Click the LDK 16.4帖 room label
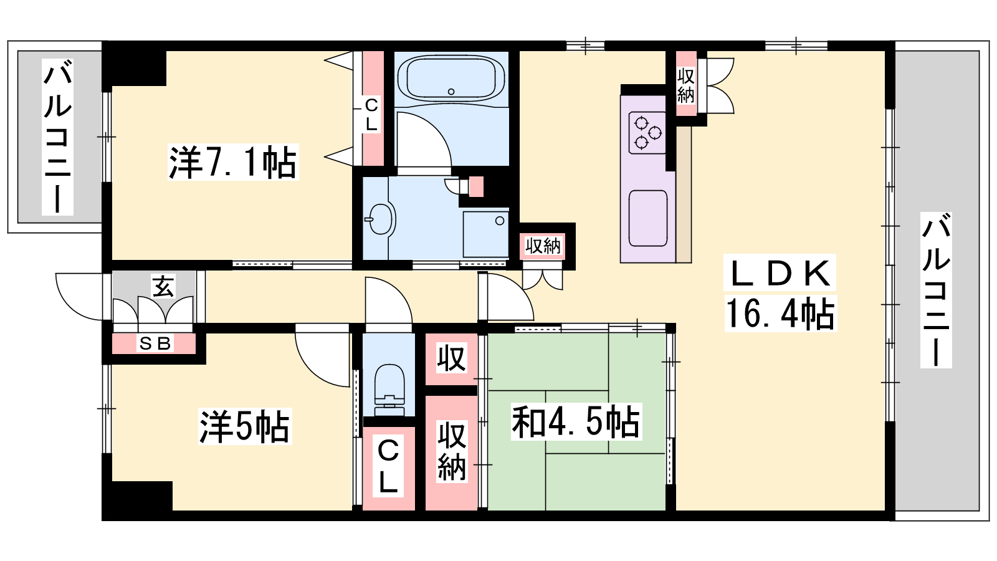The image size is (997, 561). pyautogui.click(x=780, y=293)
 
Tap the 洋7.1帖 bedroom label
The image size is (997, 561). pyautogui.click(x=232, y=162)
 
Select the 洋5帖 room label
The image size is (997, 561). pyautogui.click(x=244, y=426)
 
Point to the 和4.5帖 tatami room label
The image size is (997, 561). pyautogui.click(x=576, y=421)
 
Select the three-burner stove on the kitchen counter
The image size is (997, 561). pyautogui.click(x=647, y=133)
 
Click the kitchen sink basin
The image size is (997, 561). pyautogui.click(x=648, y=218)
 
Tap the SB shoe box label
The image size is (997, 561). pyautogui.click(x=155, y=343)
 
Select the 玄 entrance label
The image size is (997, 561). pyautogui.click(x=163, y=286)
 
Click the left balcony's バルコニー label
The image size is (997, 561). pyautogui.click(x=57, y=137)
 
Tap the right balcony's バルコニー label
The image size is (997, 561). pyautogui.click(x=936, y=290)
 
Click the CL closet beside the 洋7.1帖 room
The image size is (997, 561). pyautogui.click(x=372, y=109)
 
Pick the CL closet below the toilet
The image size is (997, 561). pyautogui.click(x=388, y=468)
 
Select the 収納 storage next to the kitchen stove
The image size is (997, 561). pyautogui.click(x=686, y=84)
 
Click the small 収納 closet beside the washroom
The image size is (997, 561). pyautogui.click(x=543, y=246)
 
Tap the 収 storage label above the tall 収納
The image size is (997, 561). pyautogui.click(x=451, y=358)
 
